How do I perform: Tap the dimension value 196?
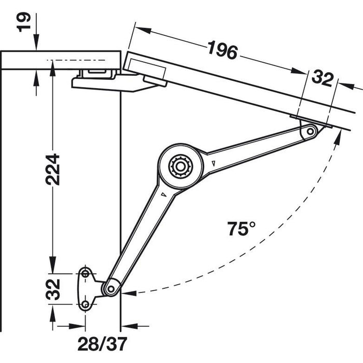pos(222,50)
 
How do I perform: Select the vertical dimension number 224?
pos(52,170)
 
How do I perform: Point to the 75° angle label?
pos(241,229)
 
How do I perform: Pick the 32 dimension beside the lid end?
pos(322,79)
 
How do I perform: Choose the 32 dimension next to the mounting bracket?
pos(52,290)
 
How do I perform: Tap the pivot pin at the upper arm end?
pos(310,131)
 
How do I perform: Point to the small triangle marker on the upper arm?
pos(213,164)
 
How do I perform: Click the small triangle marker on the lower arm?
pos(162,195)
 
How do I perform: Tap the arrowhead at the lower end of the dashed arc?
pos(128,292)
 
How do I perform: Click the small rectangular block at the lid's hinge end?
pos(146,67)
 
